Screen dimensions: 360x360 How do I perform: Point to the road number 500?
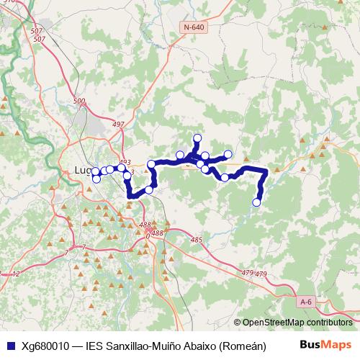79,102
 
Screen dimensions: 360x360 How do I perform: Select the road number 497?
119,125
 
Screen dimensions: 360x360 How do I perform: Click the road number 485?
197,240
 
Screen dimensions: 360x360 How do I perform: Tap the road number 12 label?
16,274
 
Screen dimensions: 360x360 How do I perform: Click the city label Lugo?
84,171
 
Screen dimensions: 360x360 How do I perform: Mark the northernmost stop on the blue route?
197,138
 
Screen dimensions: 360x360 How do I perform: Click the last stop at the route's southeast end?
256,202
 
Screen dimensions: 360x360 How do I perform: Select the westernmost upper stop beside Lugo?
95,171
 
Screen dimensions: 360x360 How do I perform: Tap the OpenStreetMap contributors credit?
297,323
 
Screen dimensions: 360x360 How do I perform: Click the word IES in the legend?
96,345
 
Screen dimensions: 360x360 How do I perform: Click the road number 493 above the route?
126,163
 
